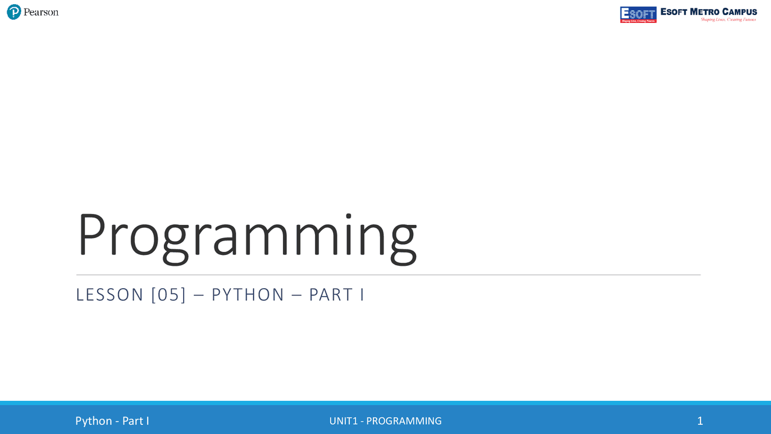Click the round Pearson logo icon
(x=14, y=12)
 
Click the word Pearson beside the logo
(x=41, y=12)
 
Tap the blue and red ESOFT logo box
(x=638, y=14)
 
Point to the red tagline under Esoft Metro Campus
(x=728, y=20)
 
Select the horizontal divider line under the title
(x=388, y=275)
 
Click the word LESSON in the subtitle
(x=110, y=295)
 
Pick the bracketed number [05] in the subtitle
(x=169, y=295)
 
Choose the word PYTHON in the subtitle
(x=248, y=295)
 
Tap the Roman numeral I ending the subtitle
(x=361, y=295)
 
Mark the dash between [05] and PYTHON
(x=199, y=295)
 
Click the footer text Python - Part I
(x=112, y=421)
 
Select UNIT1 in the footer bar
(x=343, y=421)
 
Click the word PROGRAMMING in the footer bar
(x=404, y=421)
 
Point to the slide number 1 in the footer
(x=700, y=421)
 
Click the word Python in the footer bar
(x=93, y=421)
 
